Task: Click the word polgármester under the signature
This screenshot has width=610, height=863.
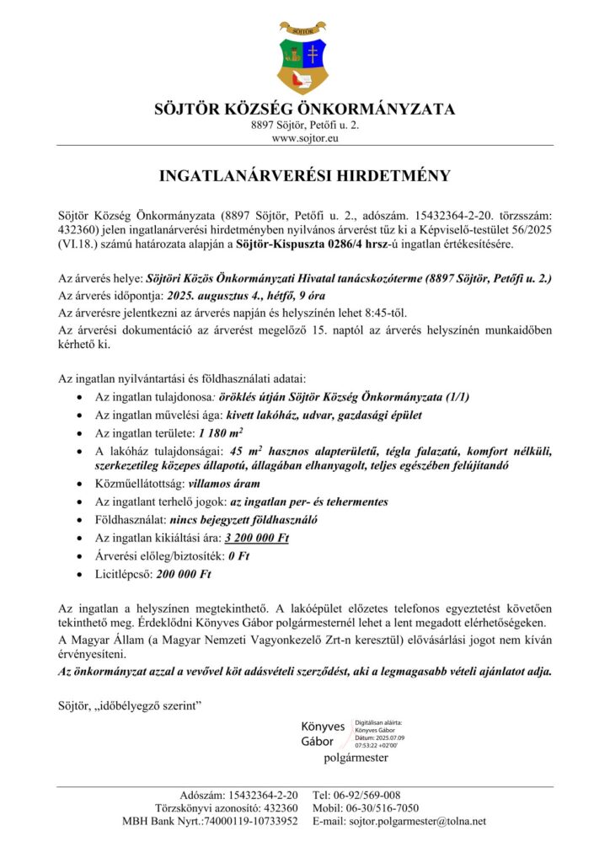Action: pyautogui.click(x=356, y=758)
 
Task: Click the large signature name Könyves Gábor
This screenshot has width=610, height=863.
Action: pyautogui.click(x=323, y=734)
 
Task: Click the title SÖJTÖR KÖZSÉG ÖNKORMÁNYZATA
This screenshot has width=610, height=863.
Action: pyautogui.click(x=305, y=110)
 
